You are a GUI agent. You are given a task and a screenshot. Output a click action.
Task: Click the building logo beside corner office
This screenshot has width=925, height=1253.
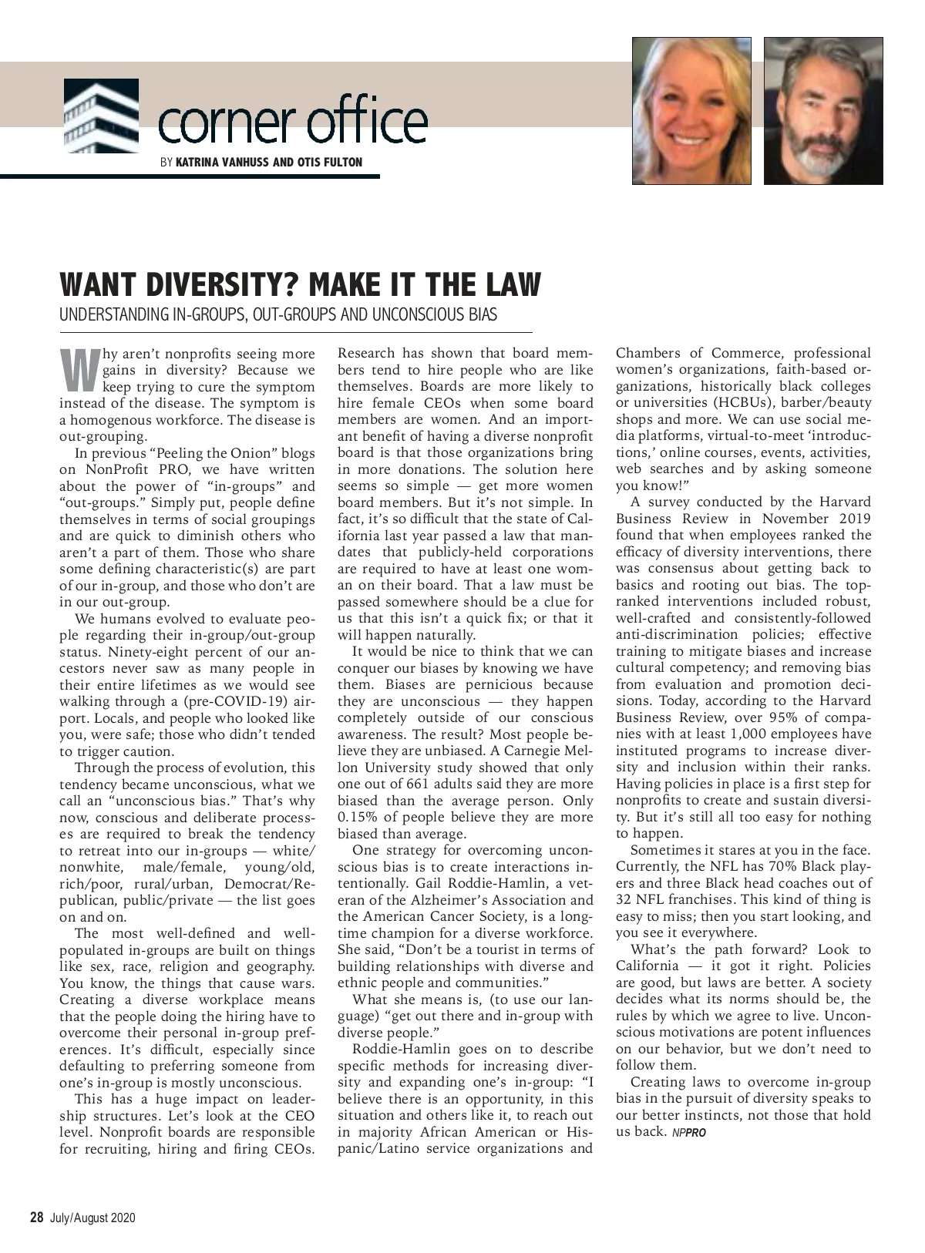point(101,116)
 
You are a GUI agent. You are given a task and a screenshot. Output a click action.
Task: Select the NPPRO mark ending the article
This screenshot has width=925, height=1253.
point(688,1133)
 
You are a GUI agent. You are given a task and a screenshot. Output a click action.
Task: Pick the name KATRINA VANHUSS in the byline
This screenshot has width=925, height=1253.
point(224,162)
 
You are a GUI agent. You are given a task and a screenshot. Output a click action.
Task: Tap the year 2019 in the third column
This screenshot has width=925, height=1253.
point(850,519)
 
